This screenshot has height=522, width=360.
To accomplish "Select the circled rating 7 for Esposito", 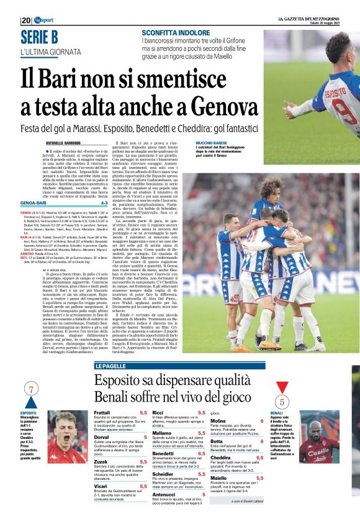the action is [x=30, y=389].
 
